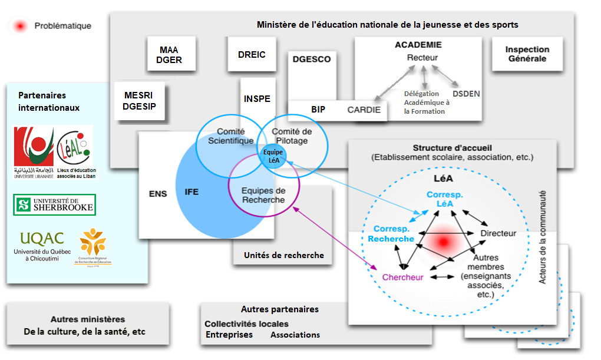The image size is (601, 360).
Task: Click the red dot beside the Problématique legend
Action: pos(21,26)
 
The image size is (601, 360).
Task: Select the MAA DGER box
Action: pos(169,55)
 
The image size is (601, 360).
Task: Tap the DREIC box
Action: pos(252,55)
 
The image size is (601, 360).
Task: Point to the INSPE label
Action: pos(257,99)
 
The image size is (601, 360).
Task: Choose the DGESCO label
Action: pos(312,59)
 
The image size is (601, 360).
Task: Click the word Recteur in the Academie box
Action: pos(422,58)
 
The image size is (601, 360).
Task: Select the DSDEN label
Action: pos(466,93)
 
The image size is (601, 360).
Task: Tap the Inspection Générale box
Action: pos(527,54)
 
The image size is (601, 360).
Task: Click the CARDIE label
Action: pos(364,110)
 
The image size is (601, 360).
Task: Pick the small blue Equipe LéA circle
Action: pos(273,156)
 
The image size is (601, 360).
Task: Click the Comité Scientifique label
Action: pos(230,136)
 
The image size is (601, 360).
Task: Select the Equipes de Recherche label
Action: pos(263,195)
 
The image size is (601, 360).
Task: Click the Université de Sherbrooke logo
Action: pos(54,205)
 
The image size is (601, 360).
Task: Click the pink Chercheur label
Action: pos(403,278)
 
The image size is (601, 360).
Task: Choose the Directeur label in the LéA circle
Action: pos(498,233)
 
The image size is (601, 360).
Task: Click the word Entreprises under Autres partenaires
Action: pos(229,335)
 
